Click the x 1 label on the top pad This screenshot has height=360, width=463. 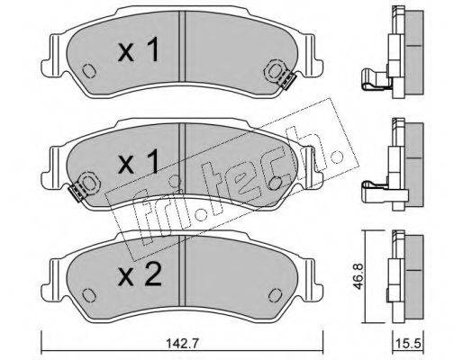coord(138,51)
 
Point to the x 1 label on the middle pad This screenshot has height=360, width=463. coord(138,162)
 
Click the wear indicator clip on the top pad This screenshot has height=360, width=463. coord(286,81)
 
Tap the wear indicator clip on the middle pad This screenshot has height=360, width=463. coord(76,193)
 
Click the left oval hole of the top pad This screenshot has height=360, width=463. coord(88,71)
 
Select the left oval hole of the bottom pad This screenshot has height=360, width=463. coord(88,295)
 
